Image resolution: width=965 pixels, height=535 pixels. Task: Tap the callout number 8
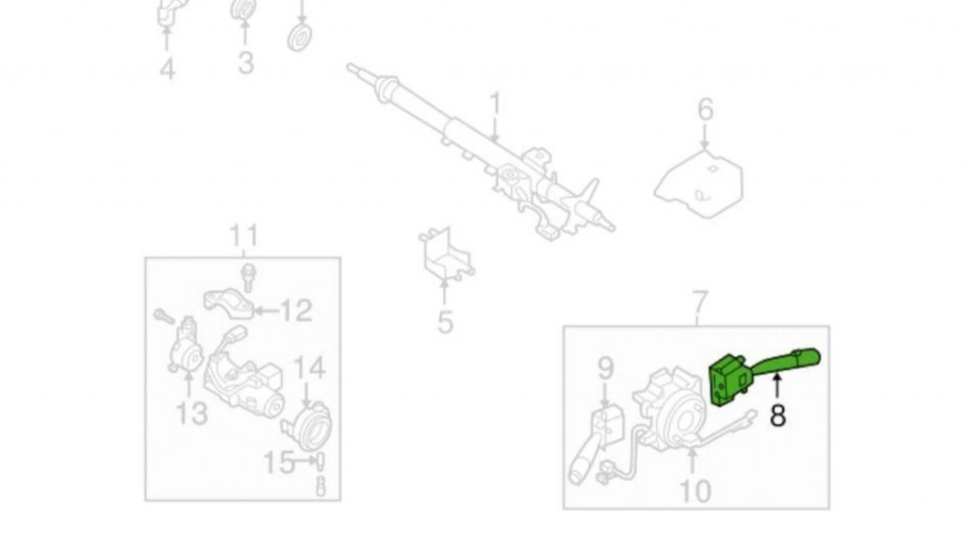pyautogui.click(x=777, y=415)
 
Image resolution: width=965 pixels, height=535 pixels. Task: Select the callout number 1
pyautogui.click(x=496, y=105)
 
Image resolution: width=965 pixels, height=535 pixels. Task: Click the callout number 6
pyautogui.click(x=705, y=109)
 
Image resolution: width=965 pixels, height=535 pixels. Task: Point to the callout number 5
pyautogui.click(x=446, y=322)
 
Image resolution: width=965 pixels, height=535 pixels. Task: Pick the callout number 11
pyautogui.click(x=244, y=235)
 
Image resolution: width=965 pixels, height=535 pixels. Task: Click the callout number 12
pyautogui.click(x=296, y=311)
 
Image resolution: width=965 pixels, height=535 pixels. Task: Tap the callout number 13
pyautogui.click(x=191, y=413)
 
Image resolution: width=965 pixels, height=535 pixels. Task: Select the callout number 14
pyautogui.click(x=309, y=367)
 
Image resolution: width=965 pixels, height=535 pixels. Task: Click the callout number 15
pyautogui.click(x=279, y=462)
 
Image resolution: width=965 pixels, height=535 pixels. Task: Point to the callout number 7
pyautogui.click(x=701, y=302)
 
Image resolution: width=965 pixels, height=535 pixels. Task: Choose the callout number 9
pyautogui.click(x=606, y=367)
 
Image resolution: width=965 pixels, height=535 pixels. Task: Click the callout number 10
pyautogui.click(x=695, y=492)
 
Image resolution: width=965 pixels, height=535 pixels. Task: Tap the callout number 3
pyautogui.click(x=246, y=63)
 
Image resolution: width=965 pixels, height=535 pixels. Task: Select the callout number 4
pyautogui.click(x=167, y=68)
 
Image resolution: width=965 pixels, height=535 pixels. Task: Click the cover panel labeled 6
pyautogui.click(x=698, y=185)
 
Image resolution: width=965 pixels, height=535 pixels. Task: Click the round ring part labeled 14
pyautogui.click(x=308, y=426)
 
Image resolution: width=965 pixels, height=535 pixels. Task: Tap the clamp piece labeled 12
pyautogui.click(x=229, y=303)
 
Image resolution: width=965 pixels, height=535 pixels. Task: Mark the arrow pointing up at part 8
pyautogui.click(x=777, y=387)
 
